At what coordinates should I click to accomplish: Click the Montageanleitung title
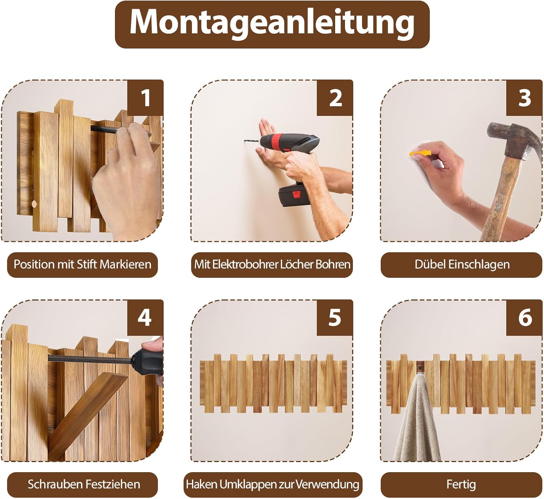tap(272, 24)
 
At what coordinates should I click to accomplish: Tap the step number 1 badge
tap(145, 98)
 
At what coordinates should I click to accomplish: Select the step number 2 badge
tap(335, 98)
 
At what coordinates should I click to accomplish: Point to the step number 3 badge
tap(524, 98)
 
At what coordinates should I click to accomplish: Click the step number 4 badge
tap(145, 318)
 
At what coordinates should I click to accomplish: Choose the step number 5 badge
tap(335, 318)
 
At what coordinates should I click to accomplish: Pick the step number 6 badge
tap(524, 318)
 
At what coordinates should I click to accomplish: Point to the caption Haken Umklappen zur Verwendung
tap(273, 485)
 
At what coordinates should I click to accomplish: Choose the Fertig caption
tap(462, 485)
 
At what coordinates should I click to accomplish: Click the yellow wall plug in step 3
tap(419, 153)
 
